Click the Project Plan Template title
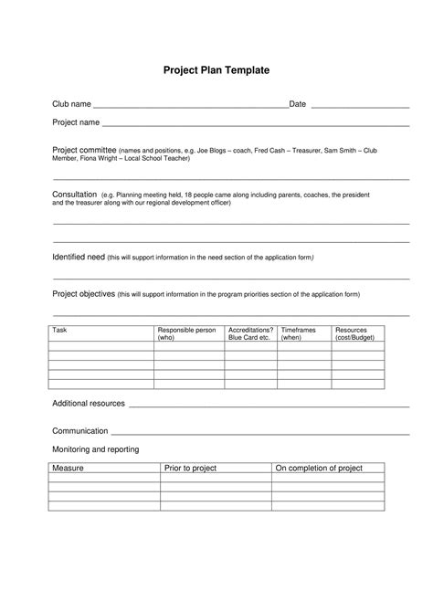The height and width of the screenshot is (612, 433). (x=216, y=69)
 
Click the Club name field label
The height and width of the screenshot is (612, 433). (x=71, y=104)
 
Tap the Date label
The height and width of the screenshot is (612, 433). (x=298, y=104)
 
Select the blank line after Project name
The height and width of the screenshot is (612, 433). (x=255, y=123)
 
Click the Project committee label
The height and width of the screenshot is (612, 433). (x=84, y=149)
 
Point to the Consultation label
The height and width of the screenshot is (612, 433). (x=75, y=195)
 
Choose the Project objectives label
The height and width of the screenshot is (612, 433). (x=84, y=294)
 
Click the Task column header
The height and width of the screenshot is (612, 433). (x=60, y=329)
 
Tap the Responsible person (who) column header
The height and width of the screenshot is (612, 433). (x=186, y=332)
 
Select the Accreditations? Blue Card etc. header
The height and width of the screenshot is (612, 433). (x=250, y=332)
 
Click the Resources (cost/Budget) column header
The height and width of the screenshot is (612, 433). (x=357, y=332)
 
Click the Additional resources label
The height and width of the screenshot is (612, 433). (x=89, y=403)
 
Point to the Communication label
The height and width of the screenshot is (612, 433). (x=80, y=430)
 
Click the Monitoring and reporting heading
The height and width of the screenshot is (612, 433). (x=95, y=449)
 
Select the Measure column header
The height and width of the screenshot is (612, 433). (x=69, y=468)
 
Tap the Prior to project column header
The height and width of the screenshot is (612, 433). (x=190, y=468)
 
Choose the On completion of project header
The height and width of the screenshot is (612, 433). (x=319, y=468)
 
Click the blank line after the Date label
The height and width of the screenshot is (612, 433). (x=360, y=106)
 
